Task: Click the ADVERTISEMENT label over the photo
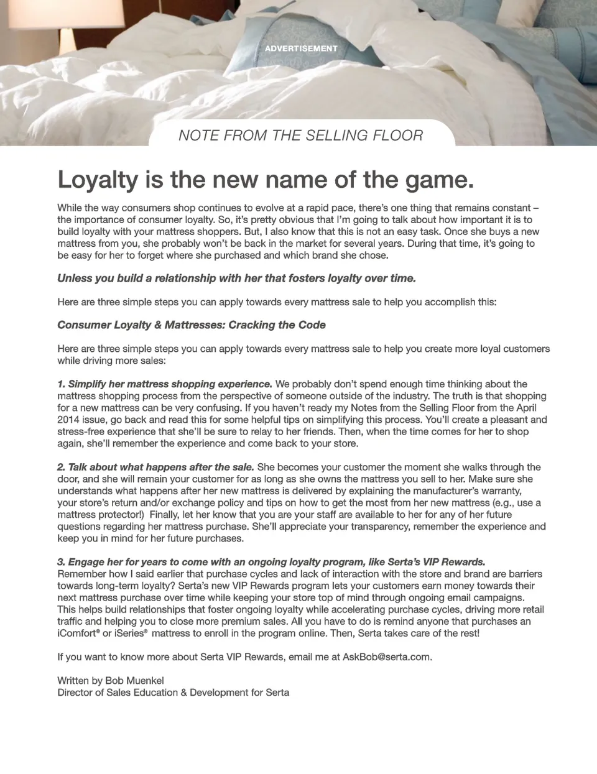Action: click(301, 48)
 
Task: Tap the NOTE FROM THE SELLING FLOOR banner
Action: click(301, 136)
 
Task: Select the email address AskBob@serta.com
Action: click(386, 657)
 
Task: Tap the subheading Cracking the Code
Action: click(277, 325)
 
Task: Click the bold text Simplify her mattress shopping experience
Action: click(170, 384)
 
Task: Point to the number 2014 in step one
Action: click(69, 420)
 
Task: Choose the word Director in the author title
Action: click(76, 693)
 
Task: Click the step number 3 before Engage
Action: click(60, 562)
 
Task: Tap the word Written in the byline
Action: click(73, 681)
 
